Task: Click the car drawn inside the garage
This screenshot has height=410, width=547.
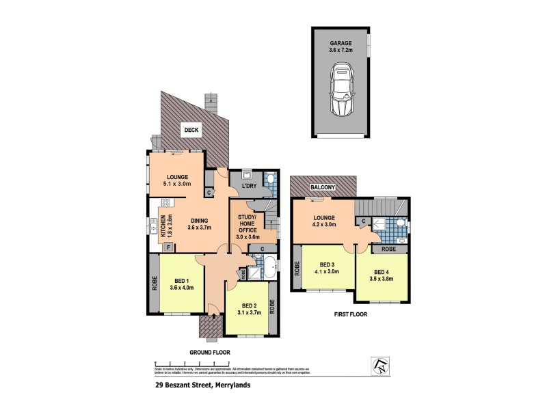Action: [x=343, y=91]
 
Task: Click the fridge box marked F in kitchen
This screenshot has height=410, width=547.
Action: [x=168, y=246]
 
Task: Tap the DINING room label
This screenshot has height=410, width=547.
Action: [x=199, y=220]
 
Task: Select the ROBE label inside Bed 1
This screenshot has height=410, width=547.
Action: [x=155, y=284]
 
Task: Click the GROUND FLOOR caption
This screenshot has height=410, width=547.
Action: [x=210, y=352]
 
